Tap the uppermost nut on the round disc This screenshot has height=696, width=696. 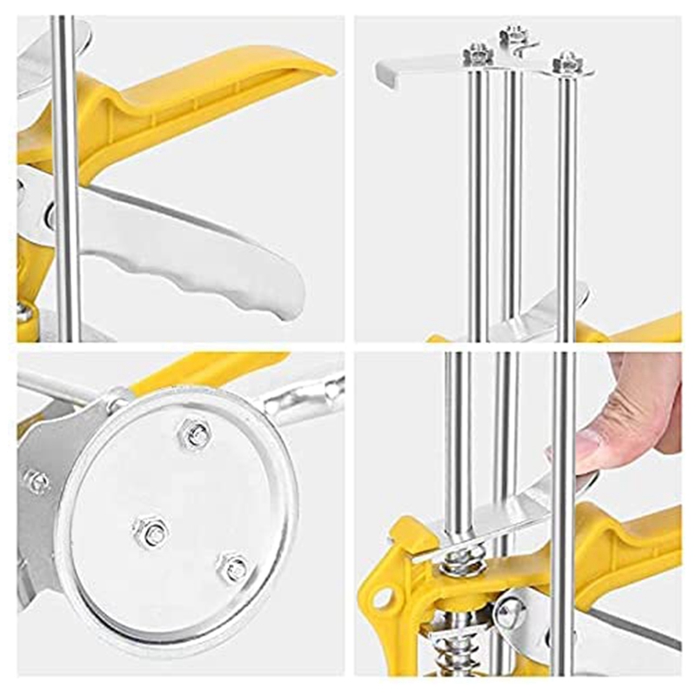tap(195, 432)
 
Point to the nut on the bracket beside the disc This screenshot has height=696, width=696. tap(37, 480)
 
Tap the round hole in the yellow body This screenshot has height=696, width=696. tap(382, 597)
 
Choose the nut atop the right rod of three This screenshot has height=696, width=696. tap(567, 63)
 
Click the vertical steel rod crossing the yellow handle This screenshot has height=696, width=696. tap(66, 174)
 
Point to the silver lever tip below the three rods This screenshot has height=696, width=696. tap(539, 313)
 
